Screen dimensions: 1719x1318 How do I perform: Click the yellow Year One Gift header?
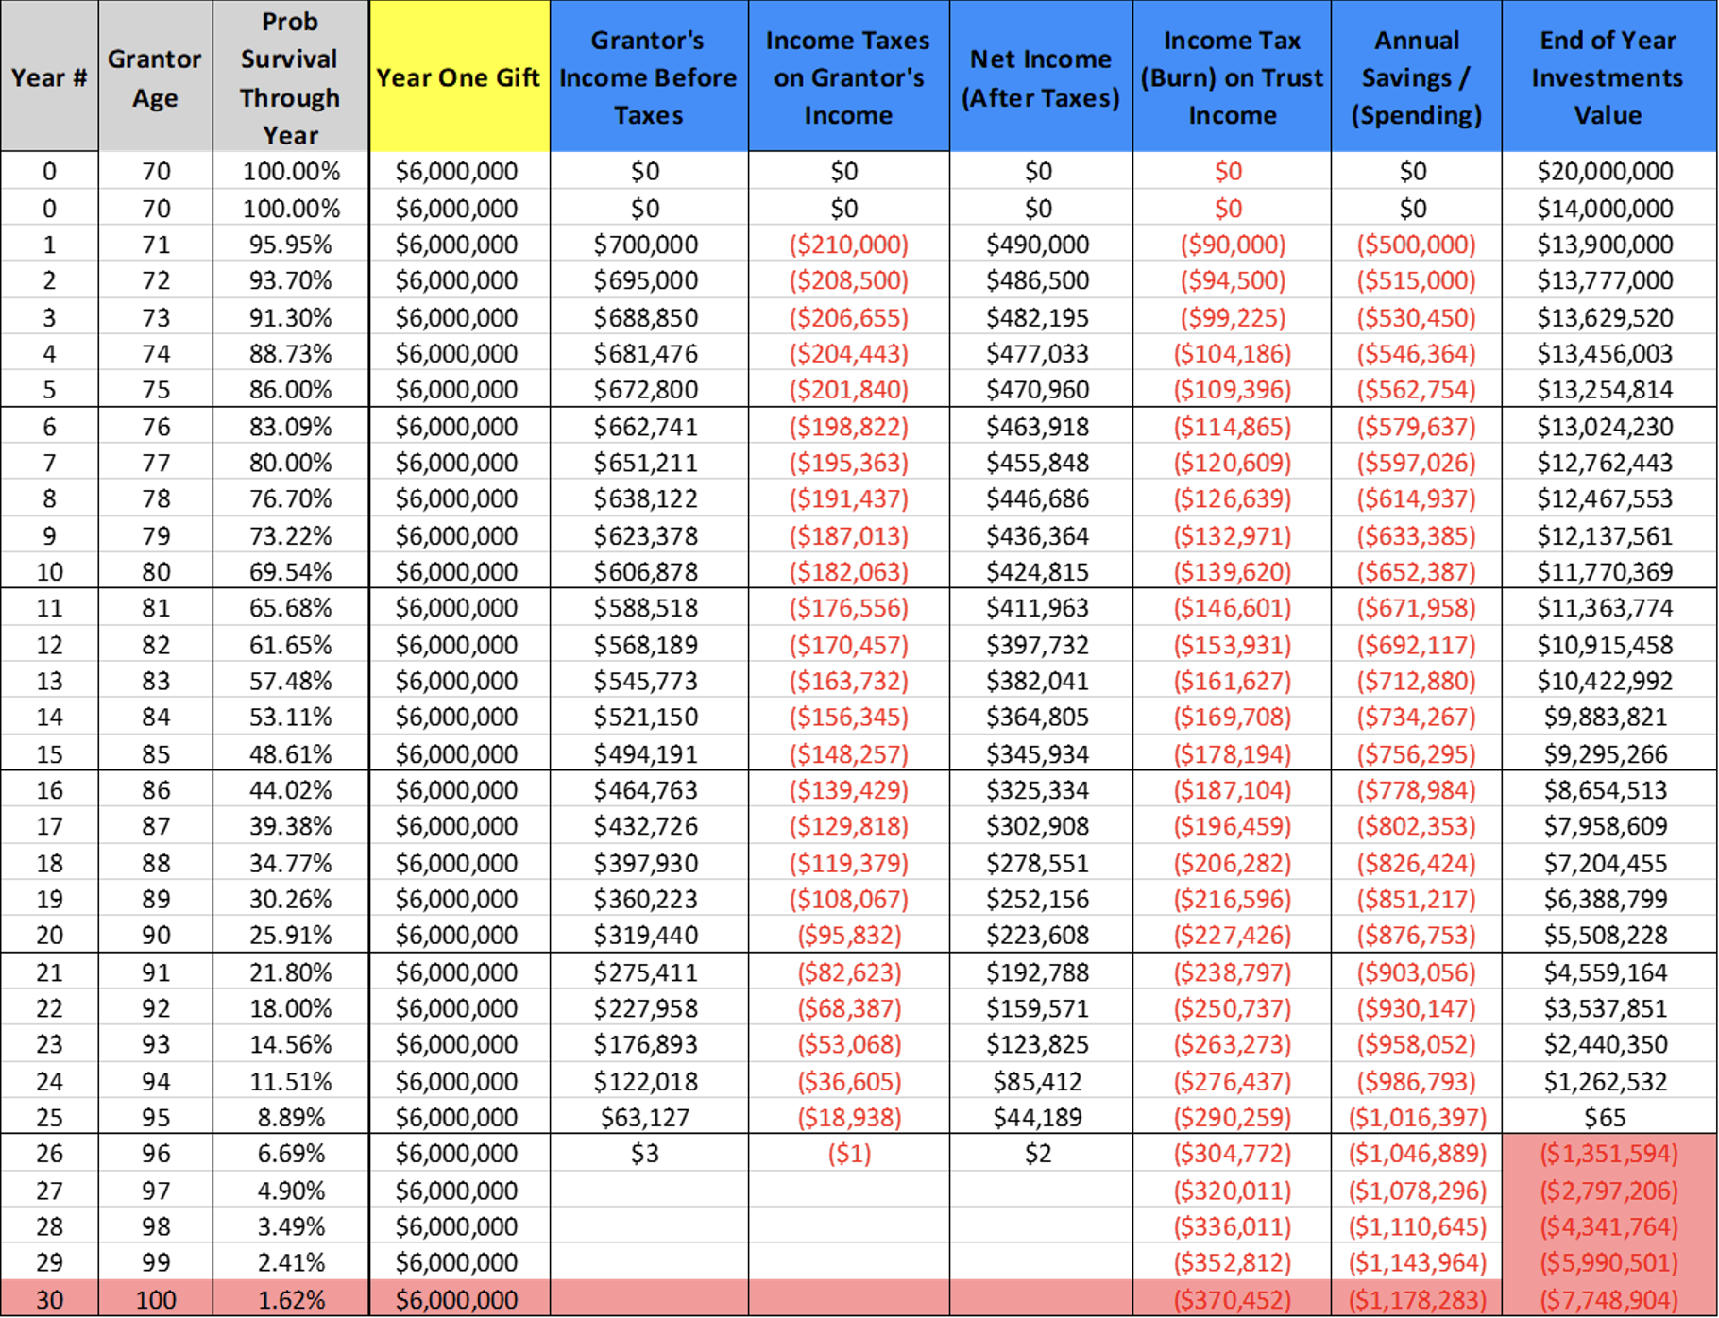point(458,77)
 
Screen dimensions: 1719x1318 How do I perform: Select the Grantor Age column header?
point(155,77)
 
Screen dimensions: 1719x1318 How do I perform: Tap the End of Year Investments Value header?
point(1608,77)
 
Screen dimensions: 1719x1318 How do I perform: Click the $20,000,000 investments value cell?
point(1605,171)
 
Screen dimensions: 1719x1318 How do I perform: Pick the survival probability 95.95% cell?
point(291,245)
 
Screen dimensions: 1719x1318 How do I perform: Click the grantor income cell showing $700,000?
point(646,245)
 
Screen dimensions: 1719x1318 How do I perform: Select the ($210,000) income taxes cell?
point(848,245)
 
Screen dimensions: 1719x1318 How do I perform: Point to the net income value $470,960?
point(1038,389)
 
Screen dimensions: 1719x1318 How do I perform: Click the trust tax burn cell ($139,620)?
point(1232,571)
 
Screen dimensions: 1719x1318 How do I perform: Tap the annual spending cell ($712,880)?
point(1416,681)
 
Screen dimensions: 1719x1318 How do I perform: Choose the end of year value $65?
point(1605,1117)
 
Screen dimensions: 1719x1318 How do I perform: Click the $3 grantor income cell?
point(645,1153)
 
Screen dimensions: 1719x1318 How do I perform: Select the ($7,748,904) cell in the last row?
point(1608,1299)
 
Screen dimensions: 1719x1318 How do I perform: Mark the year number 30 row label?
point(49,1299)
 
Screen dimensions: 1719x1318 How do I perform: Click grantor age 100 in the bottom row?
point(156,1299)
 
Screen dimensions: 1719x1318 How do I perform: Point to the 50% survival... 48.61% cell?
point(291,753)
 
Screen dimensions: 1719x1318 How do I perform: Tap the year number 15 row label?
point(49,753)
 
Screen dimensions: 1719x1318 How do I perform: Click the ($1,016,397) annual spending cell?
point(1417,1117)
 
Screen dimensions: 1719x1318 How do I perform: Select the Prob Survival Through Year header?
point(290,77)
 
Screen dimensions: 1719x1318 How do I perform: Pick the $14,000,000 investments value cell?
point(1605,208)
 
